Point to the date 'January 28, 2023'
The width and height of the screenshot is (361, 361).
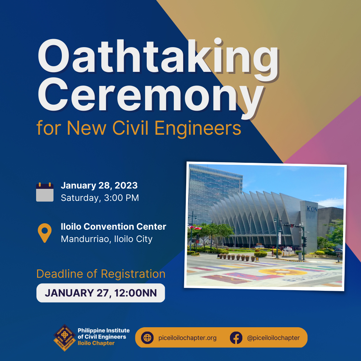(99, 186)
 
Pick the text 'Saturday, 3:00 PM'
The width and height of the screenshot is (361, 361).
(100, 198)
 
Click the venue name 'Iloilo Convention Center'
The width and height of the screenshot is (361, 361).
(113, 227)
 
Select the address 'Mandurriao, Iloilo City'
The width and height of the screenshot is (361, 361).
(107, 239)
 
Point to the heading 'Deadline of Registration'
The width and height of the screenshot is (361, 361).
(101, 274)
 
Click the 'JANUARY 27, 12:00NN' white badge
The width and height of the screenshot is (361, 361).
(101, 293)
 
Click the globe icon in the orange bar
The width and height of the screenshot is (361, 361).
(147, 338)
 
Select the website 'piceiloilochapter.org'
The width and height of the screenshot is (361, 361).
(188, 338)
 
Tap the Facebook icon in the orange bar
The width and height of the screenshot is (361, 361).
(236, 338)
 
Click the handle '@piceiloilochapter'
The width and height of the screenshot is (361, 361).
(273, 338)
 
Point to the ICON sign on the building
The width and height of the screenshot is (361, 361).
(312, 209)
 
